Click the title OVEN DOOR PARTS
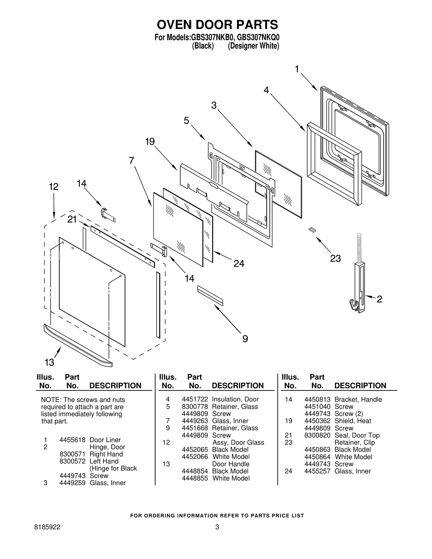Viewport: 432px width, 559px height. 217,25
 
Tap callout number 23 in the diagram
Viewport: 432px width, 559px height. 335,258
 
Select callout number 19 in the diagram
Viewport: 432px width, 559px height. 150,141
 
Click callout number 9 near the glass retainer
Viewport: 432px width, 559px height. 245,338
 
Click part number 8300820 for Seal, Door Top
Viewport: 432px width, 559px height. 317,435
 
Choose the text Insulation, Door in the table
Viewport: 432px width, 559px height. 235,399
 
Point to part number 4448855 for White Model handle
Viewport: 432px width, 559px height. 195,478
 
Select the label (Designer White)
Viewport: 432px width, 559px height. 253,46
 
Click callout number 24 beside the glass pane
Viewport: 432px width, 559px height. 239,263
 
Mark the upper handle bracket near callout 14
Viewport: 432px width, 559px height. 108,215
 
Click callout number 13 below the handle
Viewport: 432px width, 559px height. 49,362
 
